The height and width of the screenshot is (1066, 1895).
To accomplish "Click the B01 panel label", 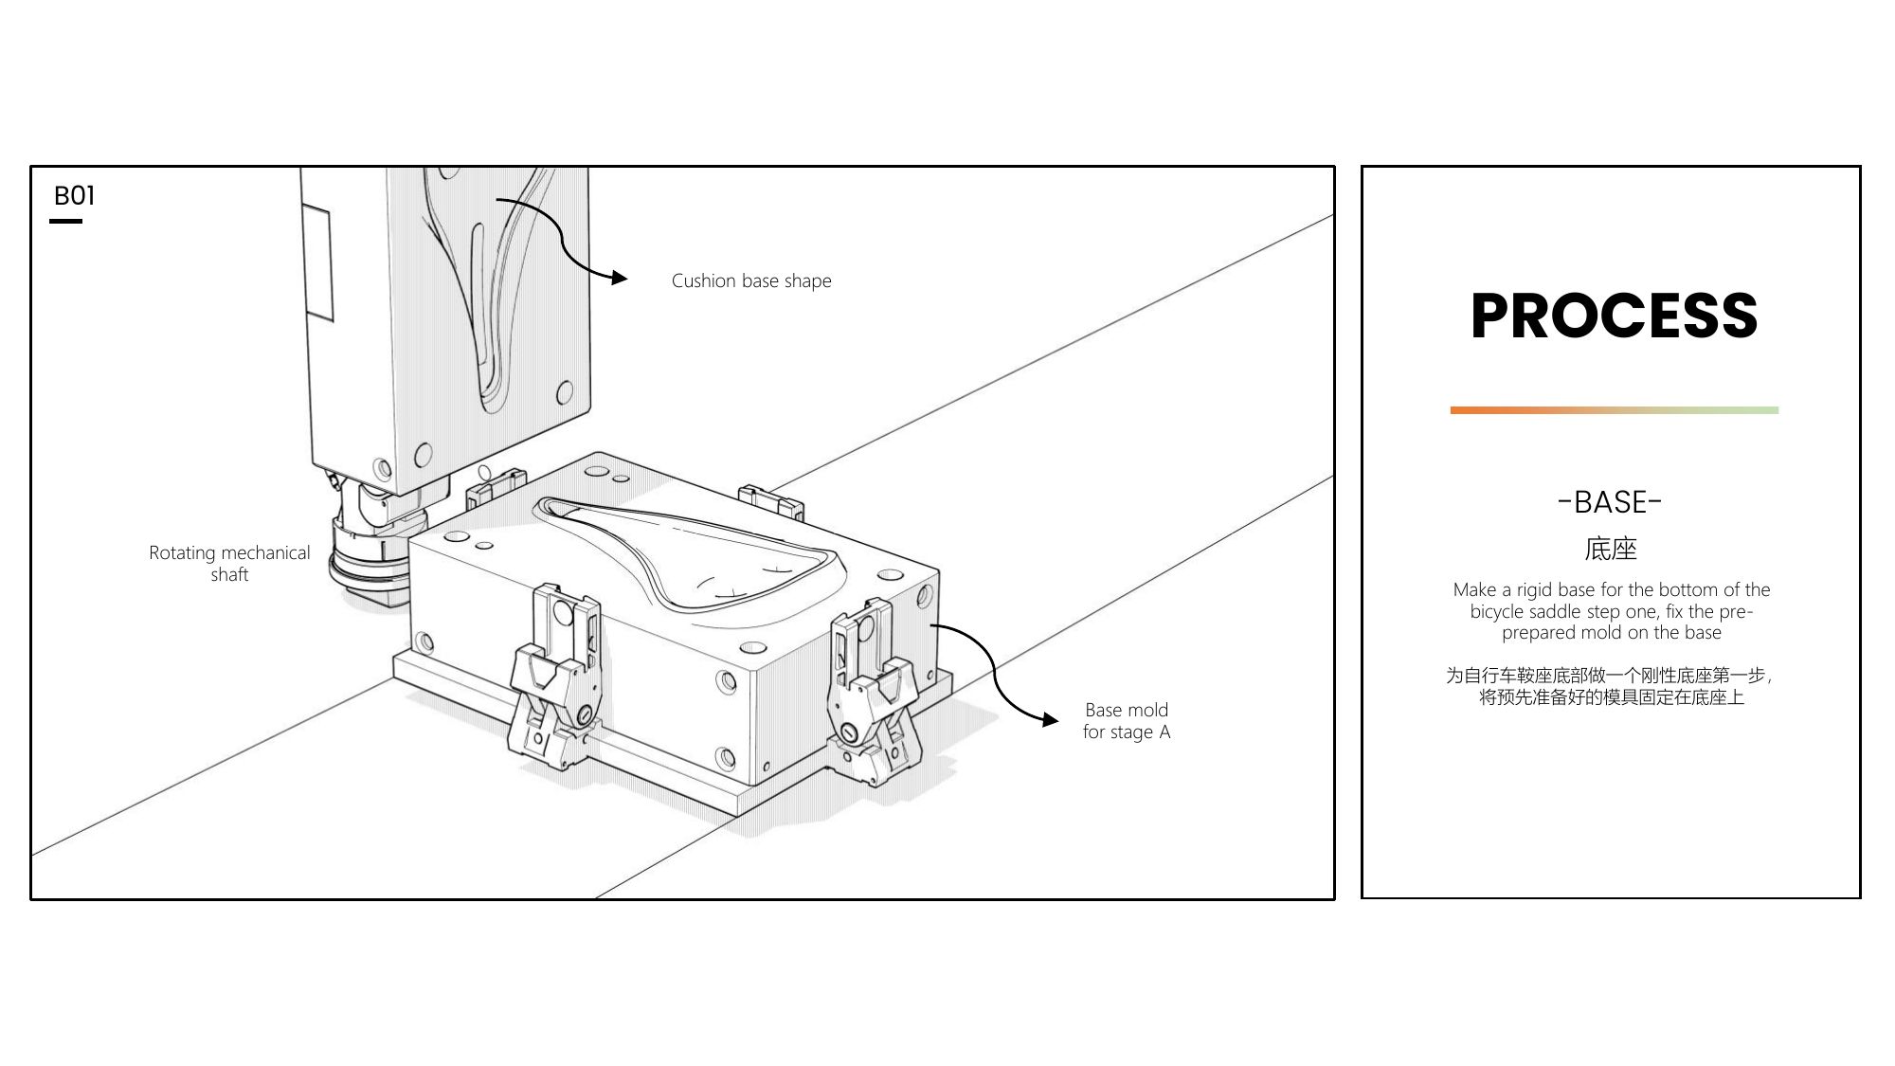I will pos(74,196).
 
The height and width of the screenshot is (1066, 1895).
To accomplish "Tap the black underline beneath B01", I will pos(65,222).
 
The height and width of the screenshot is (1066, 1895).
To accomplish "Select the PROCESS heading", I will pos(1614,316).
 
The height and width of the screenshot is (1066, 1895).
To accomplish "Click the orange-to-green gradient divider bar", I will pos(1614,410).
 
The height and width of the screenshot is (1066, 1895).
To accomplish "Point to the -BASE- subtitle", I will pos(1610,502).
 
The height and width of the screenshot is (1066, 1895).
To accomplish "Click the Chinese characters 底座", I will pos(1610,549).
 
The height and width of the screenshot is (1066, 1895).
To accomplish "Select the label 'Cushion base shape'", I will pos(751,281).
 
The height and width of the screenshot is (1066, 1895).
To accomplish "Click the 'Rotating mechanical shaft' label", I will pos(229,564).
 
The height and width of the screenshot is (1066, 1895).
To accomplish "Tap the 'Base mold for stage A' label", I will pos(1126,721).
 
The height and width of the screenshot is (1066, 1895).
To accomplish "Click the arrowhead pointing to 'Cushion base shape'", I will pos(620,278).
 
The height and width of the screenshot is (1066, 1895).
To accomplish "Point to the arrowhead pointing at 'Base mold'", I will pos(1050,720).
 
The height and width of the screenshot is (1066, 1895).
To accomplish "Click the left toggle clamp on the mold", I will pos(555,678).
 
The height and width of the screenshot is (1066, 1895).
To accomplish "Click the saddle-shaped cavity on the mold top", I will pos(692,554).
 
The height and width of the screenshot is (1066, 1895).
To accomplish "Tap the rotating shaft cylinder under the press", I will pos(365,559).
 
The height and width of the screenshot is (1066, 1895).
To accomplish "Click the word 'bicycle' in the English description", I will pos(1497,611).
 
